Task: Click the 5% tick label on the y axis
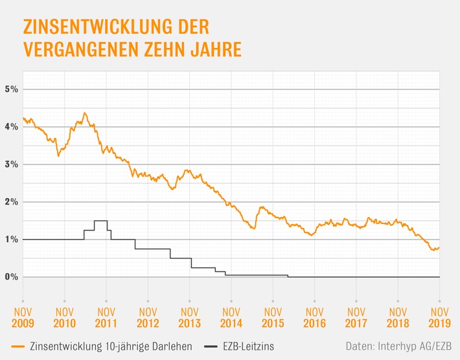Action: (x=12, y=89)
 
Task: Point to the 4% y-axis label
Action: (x=12, y=126)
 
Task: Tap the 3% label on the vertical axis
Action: (x=12, y=164)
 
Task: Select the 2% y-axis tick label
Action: (x=12, y=201)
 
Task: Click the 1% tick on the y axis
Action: (x=12, y=239)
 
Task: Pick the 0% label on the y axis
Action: (x=12, y=276)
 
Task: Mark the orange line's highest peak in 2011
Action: (x=85, y=113)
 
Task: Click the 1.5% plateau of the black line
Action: (x=100, y=221)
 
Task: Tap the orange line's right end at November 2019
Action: (x=439, y=247)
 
